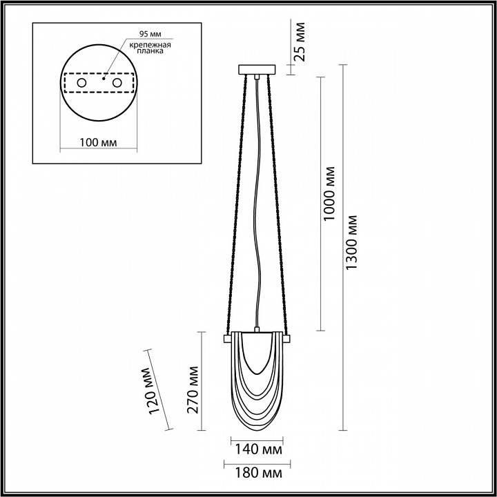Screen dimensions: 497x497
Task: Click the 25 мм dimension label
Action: [x=299, y=41]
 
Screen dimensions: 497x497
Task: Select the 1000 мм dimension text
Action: [x=329, y=194]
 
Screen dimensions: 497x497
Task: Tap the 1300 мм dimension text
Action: [x=351, y=242]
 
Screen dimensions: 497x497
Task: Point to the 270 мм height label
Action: [x=193, y=390]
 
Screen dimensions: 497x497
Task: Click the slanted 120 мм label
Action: [x=150, y=391]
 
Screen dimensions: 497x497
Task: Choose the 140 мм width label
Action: [x=258, y=449]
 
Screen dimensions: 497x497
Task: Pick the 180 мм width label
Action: [x=258, y=474]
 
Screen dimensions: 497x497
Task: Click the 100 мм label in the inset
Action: [x=98, y=143]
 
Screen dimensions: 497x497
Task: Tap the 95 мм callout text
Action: [x=150, y=34]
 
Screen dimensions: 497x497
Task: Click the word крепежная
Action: [x=150, y=45]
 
